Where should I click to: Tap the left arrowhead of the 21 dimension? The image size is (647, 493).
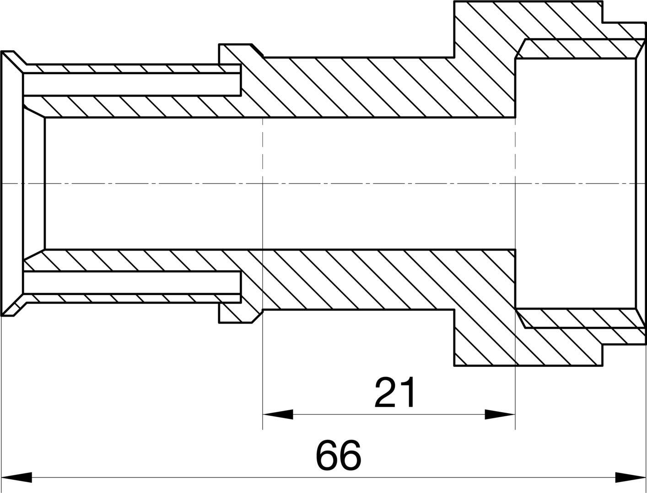coord(278,414)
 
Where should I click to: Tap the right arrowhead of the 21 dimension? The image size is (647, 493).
coord(500,414)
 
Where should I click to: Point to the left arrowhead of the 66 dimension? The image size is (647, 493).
coord(16,477)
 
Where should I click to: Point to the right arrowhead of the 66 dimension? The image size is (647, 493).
coord(631,477)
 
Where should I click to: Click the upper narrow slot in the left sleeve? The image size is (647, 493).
coord(132,84)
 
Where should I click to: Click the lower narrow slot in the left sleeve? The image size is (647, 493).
coord(132,282)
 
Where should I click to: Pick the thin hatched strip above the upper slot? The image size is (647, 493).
coord(132,68)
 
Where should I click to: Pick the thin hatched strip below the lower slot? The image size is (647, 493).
coord(132,298)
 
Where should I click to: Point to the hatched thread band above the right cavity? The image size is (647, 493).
coord(579,48)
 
